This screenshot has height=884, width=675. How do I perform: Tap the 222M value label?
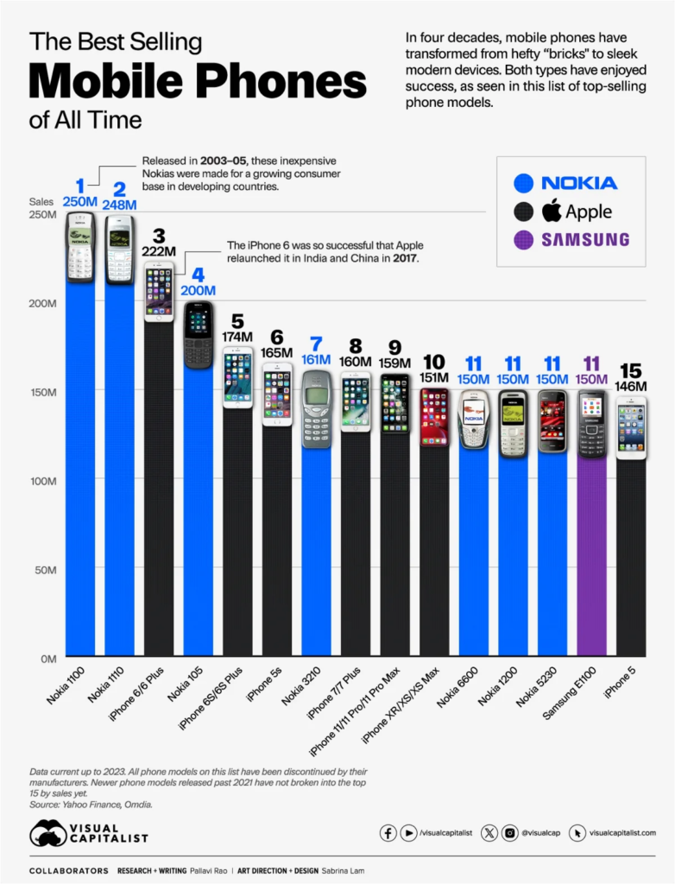159,251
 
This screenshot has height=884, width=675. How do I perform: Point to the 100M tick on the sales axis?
42,481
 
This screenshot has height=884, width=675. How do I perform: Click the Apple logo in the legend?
552,210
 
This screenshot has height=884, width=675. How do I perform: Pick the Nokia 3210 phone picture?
316,408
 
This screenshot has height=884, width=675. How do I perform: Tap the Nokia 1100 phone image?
80,247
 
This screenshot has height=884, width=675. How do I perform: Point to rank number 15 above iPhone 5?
631,370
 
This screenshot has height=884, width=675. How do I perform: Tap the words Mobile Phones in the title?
198,81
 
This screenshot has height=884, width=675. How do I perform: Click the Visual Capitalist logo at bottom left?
88,833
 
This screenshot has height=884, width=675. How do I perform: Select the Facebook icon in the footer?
388,833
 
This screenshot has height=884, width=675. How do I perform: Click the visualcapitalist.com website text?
623,833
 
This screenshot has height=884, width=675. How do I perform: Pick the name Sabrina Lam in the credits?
338,870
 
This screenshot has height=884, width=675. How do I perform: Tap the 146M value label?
631,387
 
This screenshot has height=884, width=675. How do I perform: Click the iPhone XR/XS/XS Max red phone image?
433,417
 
